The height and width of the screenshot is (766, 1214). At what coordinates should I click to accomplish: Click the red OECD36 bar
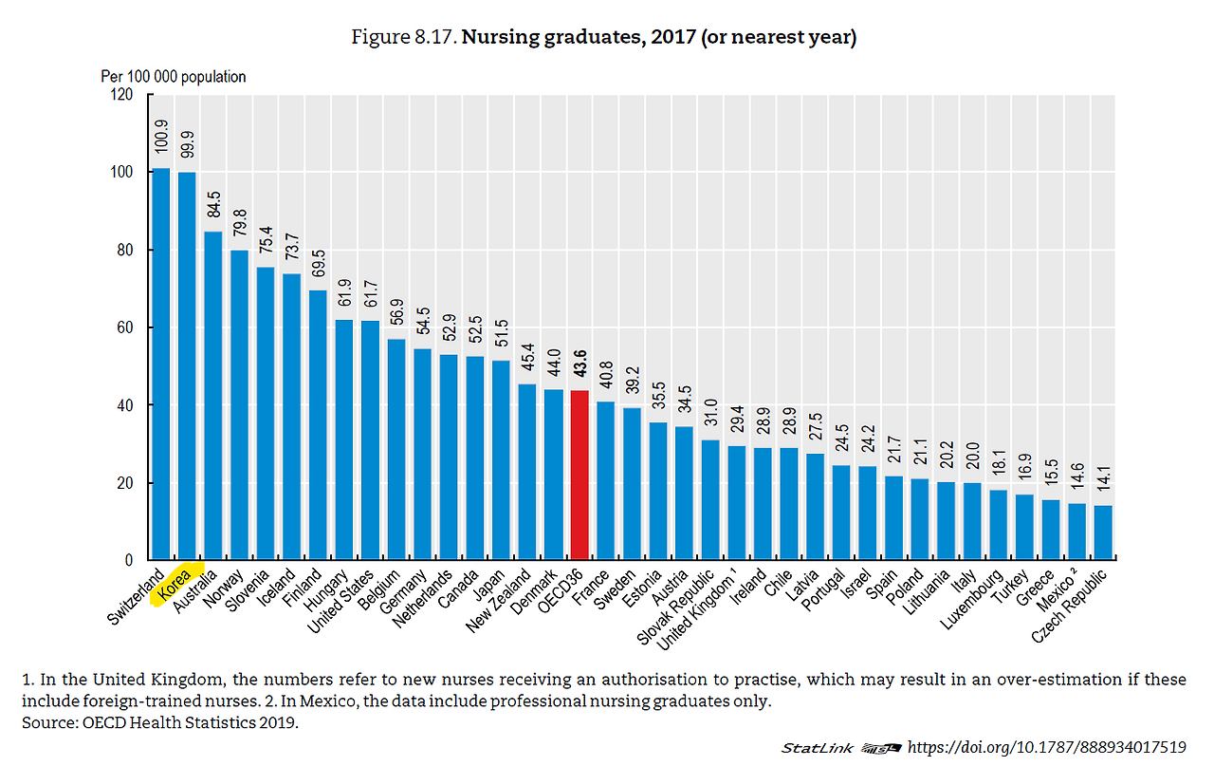(x=579, y=475)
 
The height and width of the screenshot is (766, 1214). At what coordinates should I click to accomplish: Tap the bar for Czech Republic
(x=1102, y=532)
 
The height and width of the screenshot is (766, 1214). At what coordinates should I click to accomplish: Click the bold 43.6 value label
(x=579, y=364)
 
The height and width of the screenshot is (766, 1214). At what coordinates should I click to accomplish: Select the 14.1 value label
(x=1102, y=479)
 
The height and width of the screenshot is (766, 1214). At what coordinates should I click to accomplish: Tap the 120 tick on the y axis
(x=120, y=95)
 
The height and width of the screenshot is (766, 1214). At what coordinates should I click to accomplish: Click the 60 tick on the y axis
(x=124, y=327)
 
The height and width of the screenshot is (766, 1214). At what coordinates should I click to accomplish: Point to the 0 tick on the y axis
(x=128, y=560)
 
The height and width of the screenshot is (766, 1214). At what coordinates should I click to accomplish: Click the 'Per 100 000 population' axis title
(x=174, y=77)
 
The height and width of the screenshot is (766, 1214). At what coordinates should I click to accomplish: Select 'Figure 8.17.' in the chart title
(x=403, y=38)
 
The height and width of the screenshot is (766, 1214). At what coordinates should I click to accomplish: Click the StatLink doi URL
(x=1047, y=747)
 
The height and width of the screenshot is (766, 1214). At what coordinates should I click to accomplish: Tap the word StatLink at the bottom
(x=816, y=748)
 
